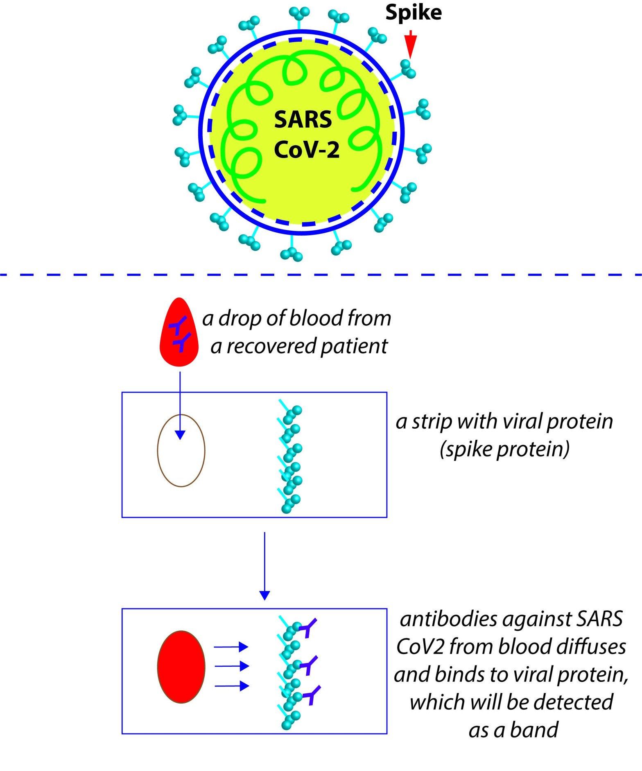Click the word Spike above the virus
tap(413, 13)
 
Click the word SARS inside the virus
tap(303, 119)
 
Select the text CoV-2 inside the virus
tap(306, 150)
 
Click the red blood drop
tap(179, 334)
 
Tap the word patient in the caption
tap(354, 346)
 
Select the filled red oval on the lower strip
tap(181, 667)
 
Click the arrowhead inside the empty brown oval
tap(180, 435)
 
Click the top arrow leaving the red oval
tap(231, 647)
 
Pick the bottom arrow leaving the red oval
tap(232, 686)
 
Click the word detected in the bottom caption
tap(573, 702)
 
